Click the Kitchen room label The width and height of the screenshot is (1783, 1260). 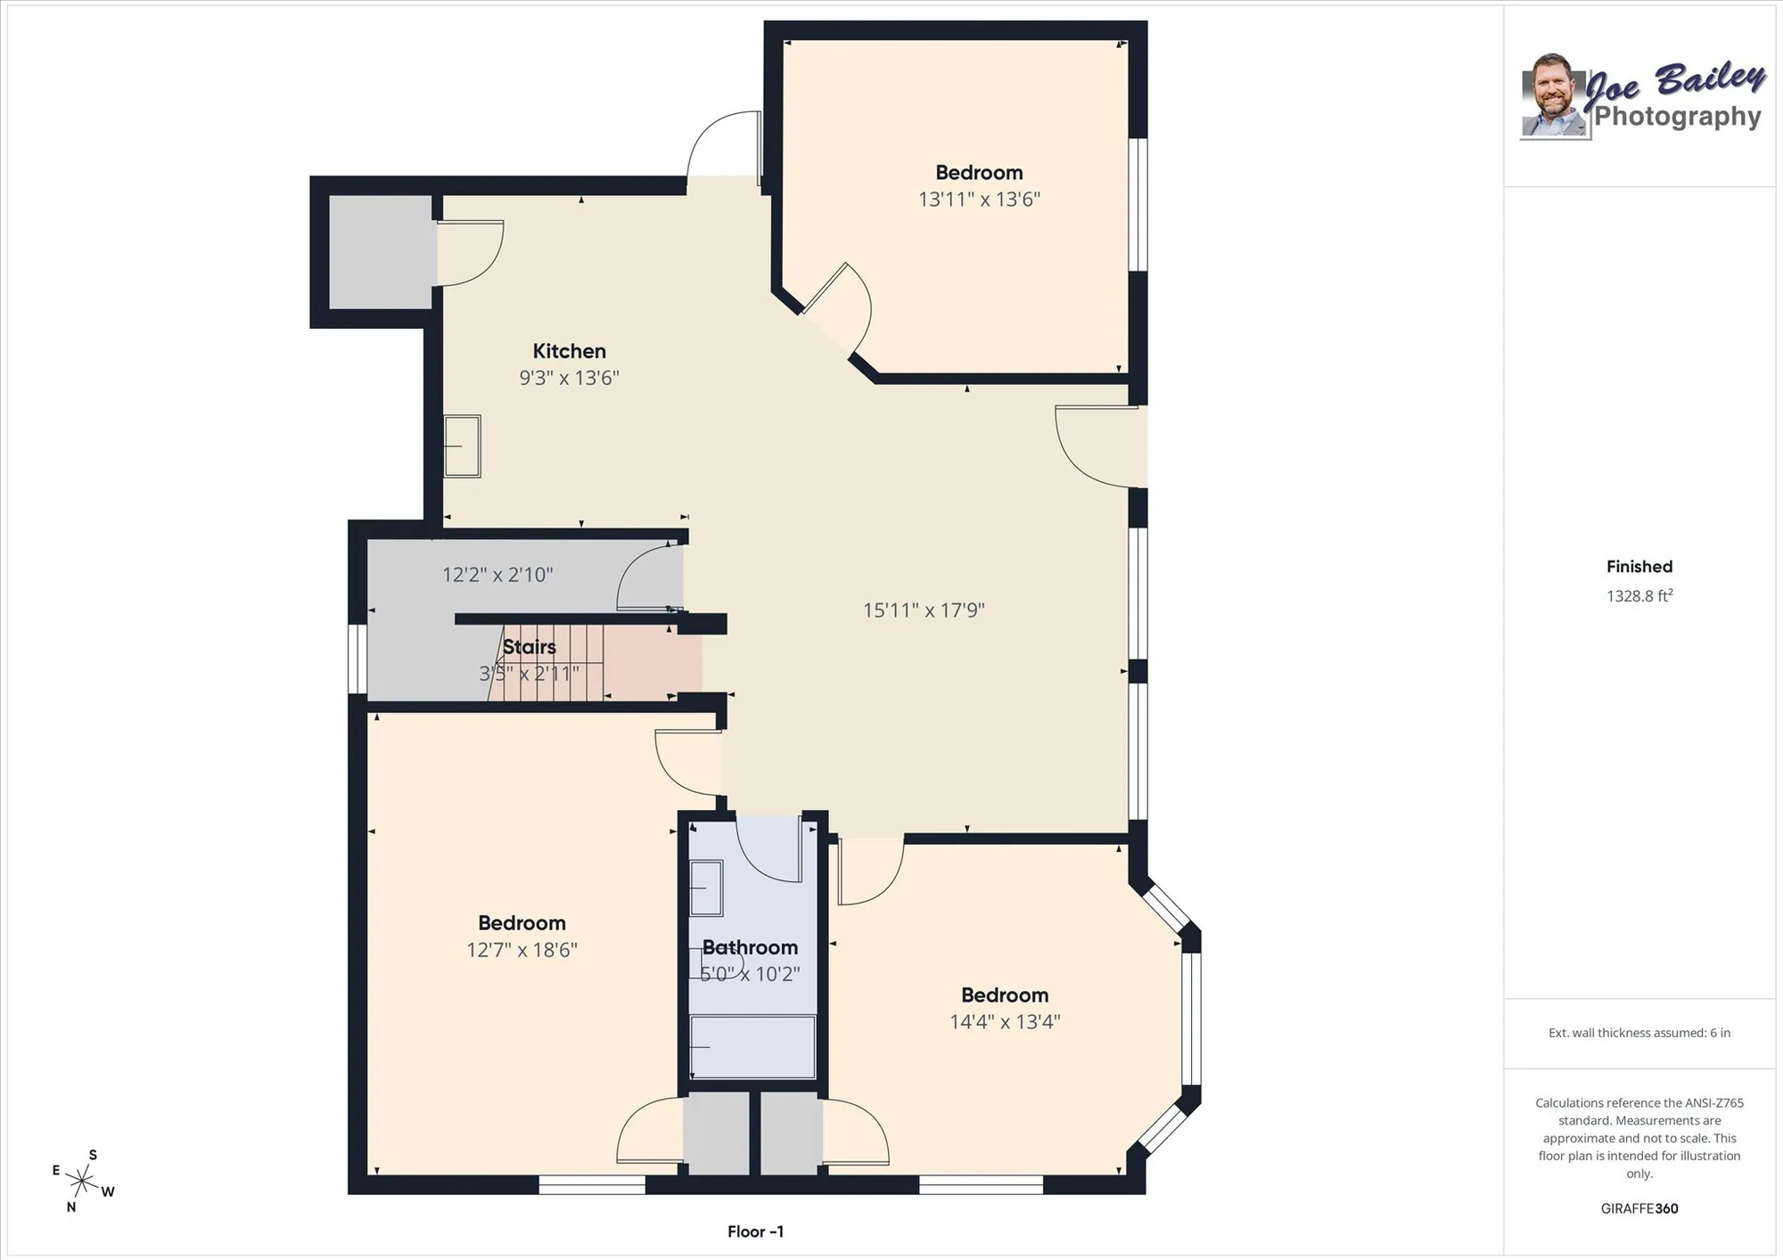coord(569,351)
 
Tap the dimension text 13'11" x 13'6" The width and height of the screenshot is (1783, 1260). coord(979,200)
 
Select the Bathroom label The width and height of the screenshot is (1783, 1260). coord(750,947)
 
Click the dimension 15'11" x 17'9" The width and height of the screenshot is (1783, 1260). coord(924,610)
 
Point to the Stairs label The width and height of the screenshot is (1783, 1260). coord(529,647)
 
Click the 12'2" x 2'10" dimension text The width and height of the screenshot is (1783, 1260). coord(497,575)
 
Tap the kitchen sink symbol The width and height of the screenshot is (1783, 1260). coord(463,446)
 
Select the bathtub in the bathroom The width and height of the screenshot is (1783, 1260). coord(753,1047)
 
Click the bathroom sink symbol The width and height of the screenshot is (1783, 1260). coord(706,888)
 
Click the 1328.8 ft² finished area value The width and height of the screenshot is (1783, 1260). coord(1639,596)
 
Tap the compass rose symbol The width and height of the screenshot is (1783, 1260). coord(81,1182)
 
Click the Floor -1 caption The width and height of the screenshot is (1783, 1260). coord(755,1231)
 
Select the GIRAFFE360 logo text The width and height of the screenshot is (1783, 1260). coord(1639,1208)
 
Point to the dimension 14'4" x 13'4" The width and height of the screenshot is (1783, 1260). coord(1005,1022)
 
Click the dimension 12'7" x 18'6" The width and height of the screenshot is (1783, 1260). coord(522,950)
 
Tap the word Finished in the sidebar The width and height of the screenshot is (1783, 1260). coord(1639,567)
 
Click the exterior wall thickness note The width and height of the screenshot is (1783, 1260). coord(1639,1033)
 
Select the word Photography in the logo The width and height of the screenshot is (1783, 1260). coord(1677,116)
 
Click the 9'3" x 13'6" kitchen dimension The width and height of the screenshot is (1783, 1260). coord(569,378)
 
